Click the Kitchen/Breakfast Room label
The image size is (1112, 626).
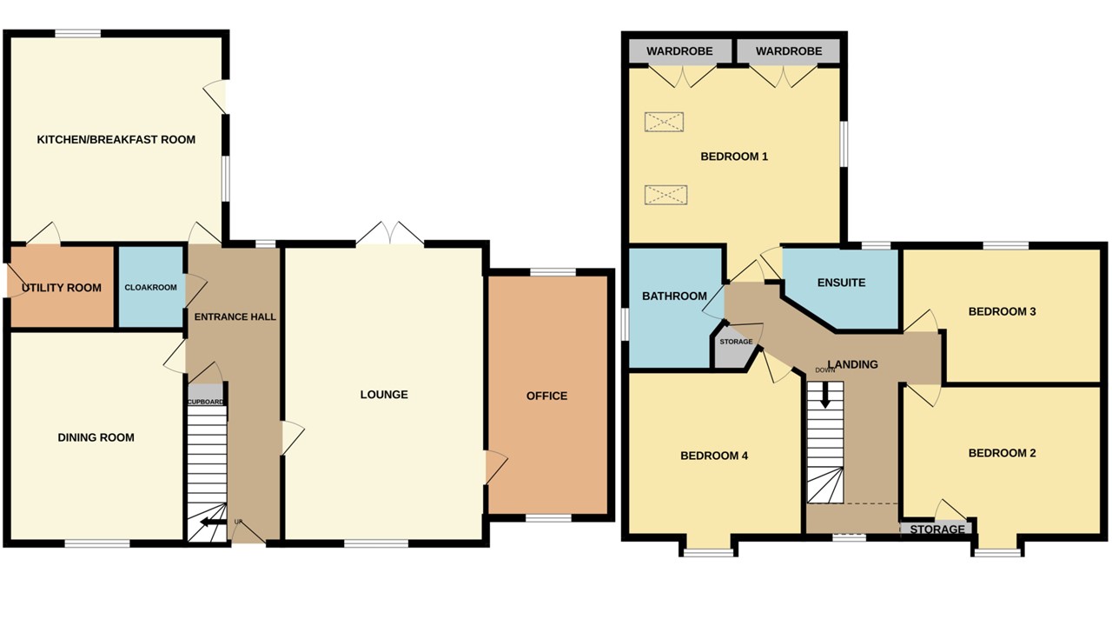coord(116,139)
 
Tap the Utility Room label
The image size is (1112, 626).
coord(62,288)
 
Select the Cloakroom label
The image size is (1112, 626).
coord(150,288)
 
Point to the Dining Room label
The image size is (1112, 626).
coord(96,437)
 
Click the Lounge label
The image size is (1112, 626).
coord(384,395)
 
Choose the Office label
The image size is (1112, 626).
coord(546,396)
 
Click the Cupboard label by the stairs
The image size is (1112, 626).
coord(206,402)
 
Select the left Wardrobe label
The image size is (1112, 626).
coord(679,51)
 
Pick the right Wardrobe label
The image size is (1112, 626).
coord(788,51)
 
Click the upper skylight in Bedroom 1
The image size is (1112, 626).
coord(665,122)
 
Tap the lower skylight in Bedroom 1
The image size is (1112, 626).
coord(665,194)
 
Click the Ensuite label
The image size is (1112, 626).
coord(841,283)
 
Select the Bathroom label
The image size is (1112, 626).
coord(674,296)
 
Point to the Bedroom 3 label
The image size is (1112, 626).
coord(1002,311)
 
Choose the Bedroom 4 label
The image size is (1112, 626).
coord(714,456)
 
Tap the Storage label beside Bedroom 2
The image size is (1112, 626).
coord(937,529)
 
